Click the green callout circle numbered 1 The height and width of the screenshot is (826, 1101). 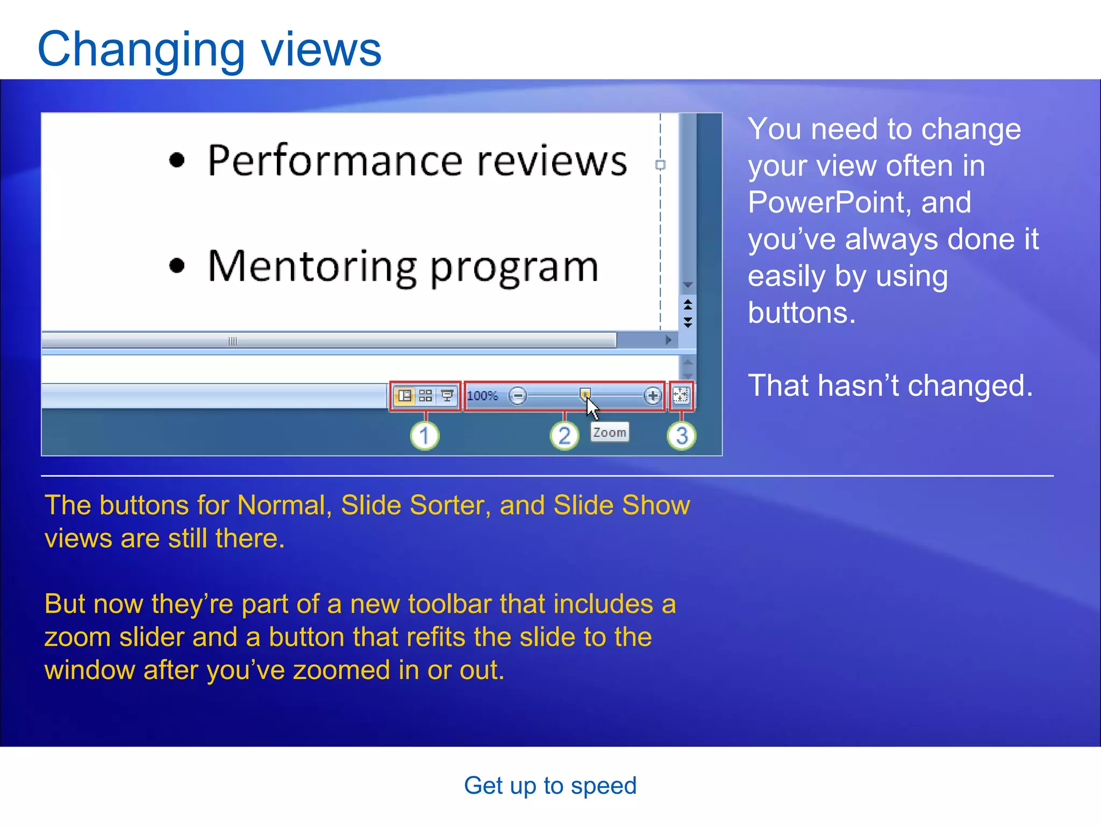(425, 436)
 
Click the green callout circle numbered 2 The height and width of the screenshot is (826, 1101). (564, 436)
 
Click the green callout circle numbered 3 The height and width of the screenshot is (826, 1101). (682, 436)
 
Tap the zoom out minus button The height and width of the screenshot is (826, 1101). (518, 396)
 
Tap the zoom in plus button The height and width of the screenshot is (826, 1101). (652, 396)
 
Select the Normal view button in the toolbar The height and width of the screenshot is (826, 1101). (405, 396)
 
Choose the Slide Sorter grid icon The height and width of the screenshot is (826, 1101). (425, 396)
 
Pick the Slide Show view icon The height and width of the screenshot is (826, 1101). (447, 396)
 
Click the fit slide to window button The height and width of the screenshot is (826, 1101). (681, 396)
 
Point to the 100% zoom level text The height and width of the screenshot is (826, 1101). (482, 396)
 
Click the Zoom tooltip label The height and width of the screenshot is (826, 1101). (609, 432)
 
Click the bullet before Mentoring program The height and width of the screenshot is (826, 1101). (177, 266)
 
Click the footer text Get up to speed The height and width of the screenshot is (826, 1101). (550, 786)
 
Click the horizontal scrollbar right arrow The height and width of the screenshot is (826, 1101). (668, 340)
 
